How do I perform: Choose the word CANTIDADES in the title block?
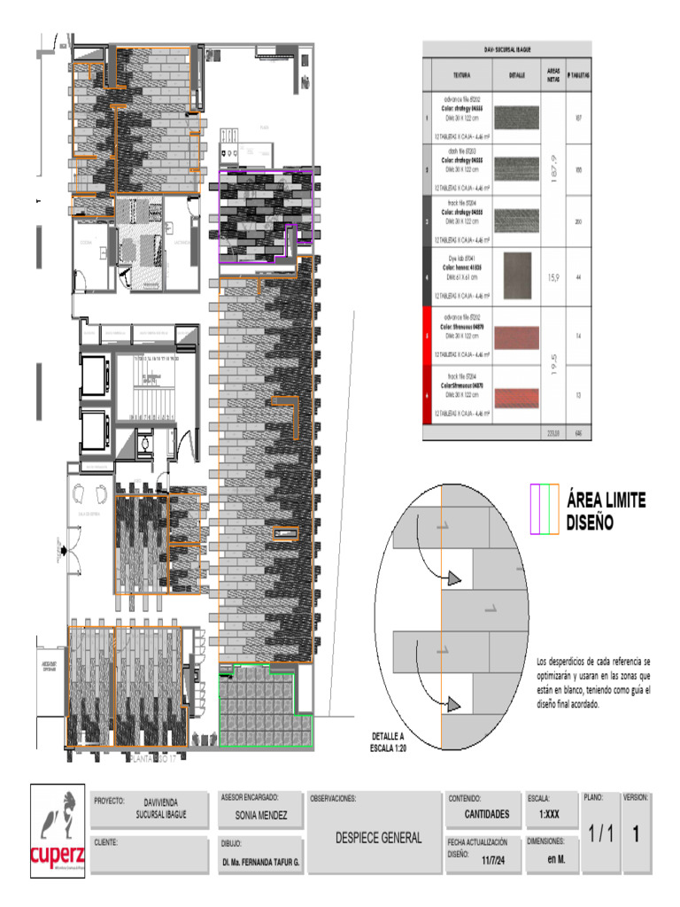point(486,813)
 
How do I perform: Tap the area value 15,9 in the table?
point(552,277)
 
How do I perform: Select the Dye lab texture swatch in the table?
point(517,276)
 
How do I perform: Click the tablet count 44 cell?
point(578,277)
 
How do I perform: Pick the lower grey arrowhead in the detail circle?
point(453,704)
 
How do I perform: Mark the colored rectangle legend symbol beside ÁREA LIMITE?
point(543,509)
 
